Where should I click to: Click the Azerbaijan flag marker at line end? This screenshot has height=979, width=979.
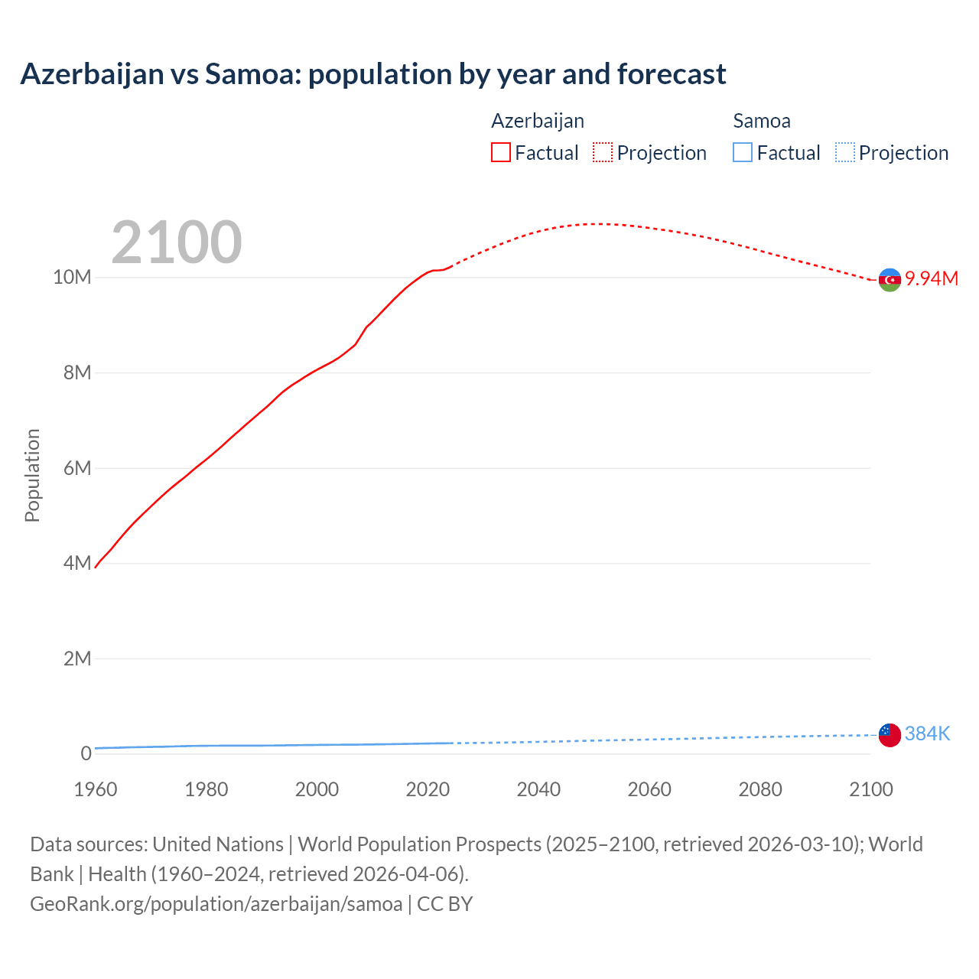[890, 280]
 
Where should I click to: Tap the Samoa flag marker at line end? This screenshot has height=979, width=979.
[890, 735]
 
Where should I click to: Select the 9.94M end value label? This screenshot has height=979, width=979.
[932, 278]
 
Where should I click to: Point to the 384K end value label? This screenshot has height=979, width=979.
[927, 734]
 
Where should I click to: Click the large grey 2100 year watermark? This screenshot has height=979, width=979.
[177, 242]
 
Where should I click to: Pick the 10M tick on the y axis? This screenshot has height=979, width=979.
[72, 277]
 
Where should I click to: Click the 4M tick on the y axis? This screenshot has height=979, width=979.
[77, 564]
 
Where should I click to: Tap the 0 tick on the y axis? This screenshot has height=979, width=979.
[86, 754]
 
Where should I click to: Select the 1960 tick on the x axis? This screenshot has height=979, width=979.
[96, 789]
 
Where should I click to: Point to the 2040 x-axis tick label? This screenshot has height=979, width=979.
[538, 789]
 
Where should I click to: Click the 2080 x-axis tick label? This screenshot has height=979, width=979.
[760, 789]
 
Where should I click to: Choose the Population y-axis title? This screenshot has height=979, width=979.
[32, 476]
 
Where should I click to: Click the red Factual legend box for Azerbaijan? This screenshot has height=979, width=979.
[501, 153]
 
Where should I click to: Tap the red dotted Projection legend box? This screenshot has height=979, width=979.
[603, 153]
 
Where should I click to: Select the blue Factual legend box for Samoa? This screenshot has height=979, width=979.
[743, 153]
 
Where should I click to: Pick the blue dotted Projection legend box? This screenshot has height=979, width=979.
[845, 153]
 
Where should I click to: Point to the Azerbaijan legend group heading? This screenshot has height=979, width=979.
[538, 121]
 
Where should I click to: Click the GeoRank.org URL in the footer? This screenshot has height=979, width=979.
[216, 904]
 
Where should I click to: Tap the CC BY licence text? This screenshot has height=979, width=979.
[445, 904]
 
